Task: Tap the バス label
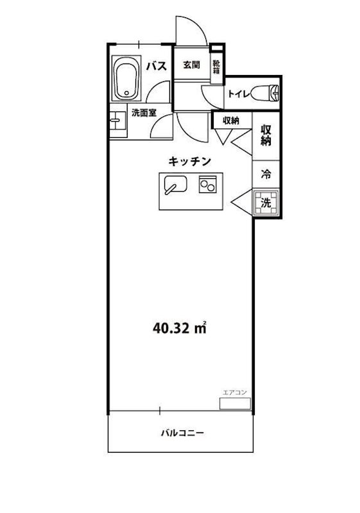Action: pyautogui.click(x=157, y=65)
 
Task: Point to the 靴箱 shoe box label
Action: pyautogui.click(x=217, y=67)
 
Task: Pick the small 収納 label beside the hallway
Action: pyautogui.click(x=231, y=120)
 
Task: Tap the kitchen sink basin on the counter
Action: pyautogui.click(x=175, y=185)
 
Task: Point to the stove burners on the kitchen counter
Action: pyautogui.click(x=208, y=185)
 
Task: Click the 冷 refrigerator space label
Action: pyautogui.click(x=266, y=173)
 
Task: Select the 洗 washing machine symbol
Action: pyautogui.click(x=266, y=204)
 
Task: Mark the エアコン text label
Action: pyautogui.click(x=235, y=392)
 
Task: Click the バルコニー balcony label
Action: pyautogui.click(x=182, y=433)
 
